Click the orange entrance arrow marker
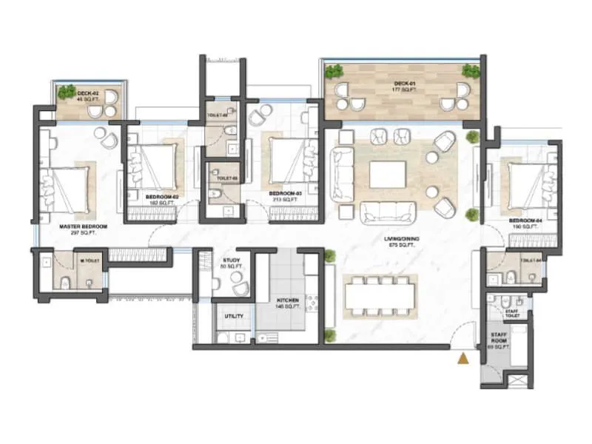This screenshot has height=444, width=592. pyautogui.click(x=463, y=359)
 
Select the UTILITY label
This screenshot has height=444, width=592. pyautogui.click(x=235, y=316)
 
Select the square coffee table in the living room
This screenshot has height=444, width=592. pyautogui.click(x=388, y=175)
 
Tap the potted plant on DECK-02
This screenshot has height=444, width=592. pyautogui.click(x=67, y=92)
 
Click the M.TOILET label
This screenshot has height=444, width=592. pyautogui.click(x=91, y=260)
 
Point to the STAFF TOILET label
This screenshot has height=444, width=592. pyautogui.click(x=512, y=313)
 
